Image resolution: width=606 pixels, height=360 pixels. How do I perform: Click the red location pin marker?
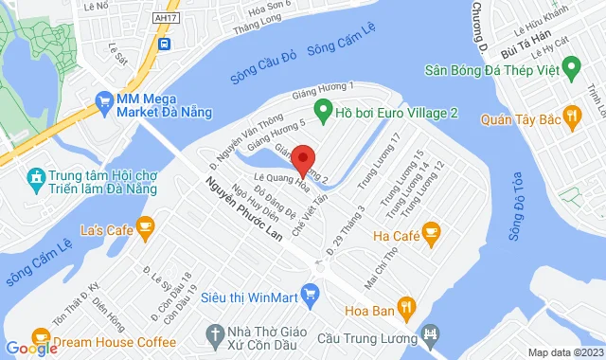pos(302,156)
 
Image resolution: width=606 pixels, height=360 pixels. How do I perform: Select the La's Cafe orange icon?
pos(145,225)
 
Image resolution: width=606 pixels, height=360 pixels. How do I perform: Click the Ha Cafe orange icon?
pos(432,229)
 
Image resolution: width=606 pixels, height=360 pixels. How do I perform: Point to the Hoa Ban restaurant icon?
pos(406,306)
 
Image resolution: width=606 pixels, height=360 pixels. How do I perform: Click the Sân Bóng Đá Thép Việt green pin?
pos(571,67)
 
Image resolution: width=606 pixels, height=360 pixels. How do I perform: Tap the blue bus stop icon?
pos(165,44)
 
